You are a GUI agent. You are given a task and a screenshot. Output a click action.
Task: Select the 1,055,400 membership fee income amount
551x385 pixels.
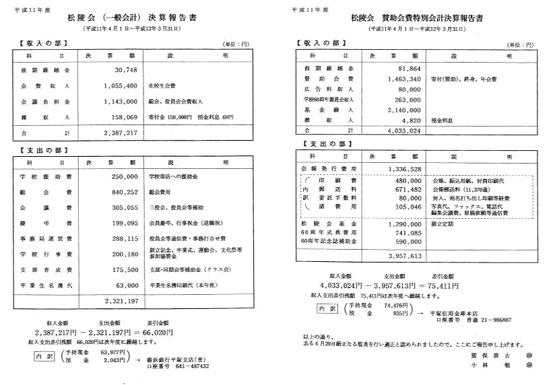coord(121,86)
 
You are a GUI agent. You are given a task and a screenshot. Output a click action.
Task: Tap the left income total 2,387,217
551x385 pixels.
coord(121,133)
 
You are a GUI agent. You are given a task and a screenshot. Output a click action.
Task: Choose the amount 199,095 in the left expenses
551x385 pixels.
coord(124,223)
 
